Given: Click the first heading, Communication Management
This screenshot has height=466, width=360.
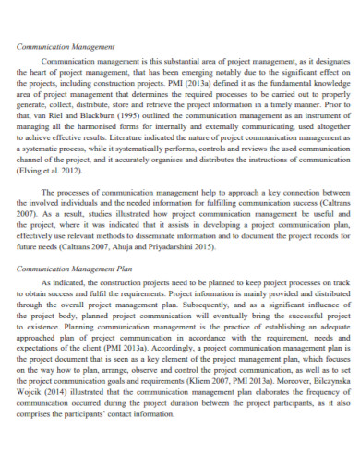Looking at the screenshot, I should pos(66,45).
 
